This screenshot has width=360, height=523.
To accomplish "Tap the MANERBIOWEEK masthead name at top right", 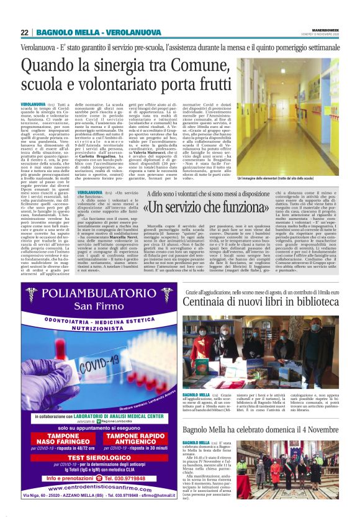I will [x=322, y=29].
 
